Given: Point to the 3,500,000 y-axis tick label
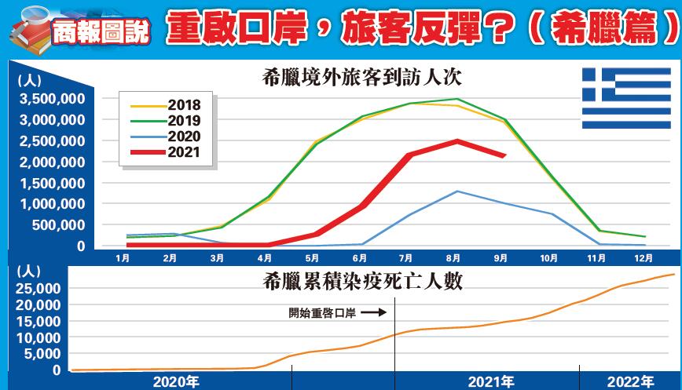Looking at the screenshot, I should click(53, 99).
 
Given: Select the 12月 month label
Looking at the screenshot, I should click(643, 257).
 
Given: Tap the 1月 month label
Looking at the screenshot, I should click(123, 257).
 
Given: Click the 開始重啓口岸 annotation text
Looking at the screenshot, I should click(323, 312).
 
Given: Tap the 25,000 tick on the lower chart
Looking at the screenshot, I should click(37, 288).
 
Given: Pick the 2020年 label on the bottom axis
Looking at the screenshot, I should click(177, 381).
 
